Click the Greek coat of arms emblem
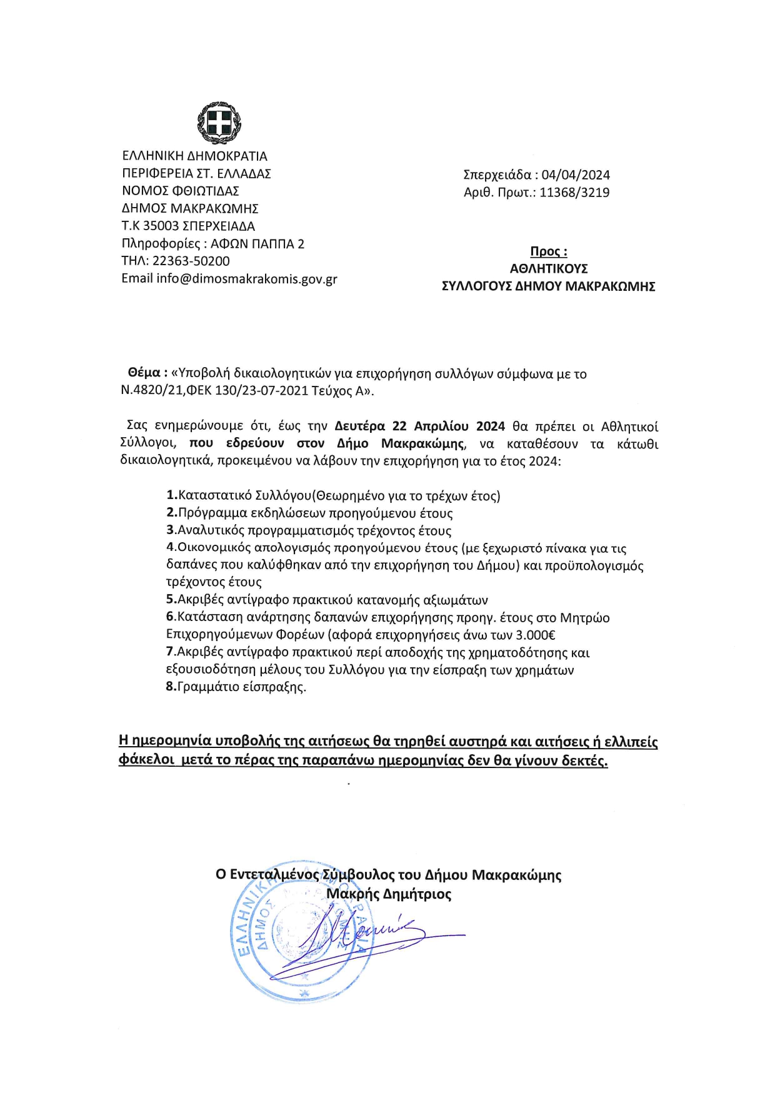(x=219, y=122)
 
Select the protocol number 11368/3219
(x=574, y=193)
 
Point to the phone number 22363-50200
(x=191, y=261)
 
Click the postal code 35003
(x=161, y=226)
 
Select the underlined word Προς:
(x=549, y=251)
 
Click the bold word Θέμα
(x=144, y=373)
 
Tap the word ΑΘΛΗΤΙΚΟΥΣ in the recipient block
(x=549, y=269)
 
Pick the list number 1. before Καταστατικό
(x=172, y=495)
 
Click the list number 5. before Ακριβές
(x=171, y=600)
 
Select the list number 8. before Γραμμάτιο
(x=171, y=687)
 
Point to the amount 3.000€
(x=535, y=635)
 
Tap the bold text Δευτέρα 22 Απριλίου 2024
(x=419, y=427)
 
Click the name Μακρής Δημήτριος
(x=389, y=894)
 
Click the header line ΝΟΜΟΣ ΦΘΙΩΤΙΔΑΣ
(x=181, y=191)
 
